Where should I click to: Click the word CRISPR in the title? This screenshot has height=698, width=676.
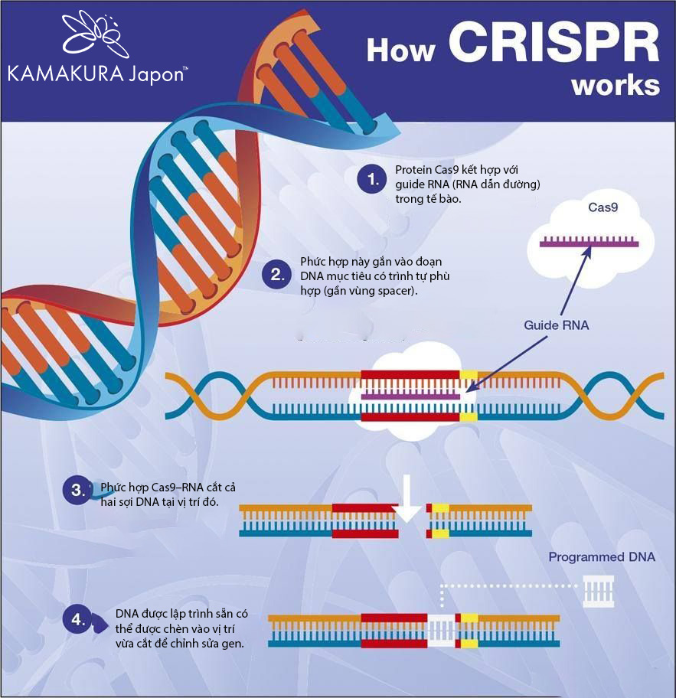point(554,45)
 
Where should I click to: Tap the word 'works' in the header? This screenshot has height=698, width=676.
point(616,84)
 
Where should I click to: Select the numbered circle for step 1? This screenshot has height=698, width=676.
point(373,180)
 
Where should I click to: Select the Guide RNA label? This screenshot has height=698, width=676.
point(557,325)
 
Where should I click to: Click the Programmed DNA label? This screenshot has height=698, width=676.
point(602,557)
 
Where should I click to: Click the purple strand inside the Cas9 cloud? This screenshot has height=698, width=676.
point(589,243)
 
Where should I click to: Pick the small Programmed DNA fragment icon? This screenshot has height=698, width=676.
point(598,592)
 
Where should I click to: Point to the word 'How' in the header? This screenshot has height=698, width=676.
point(400,50)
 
